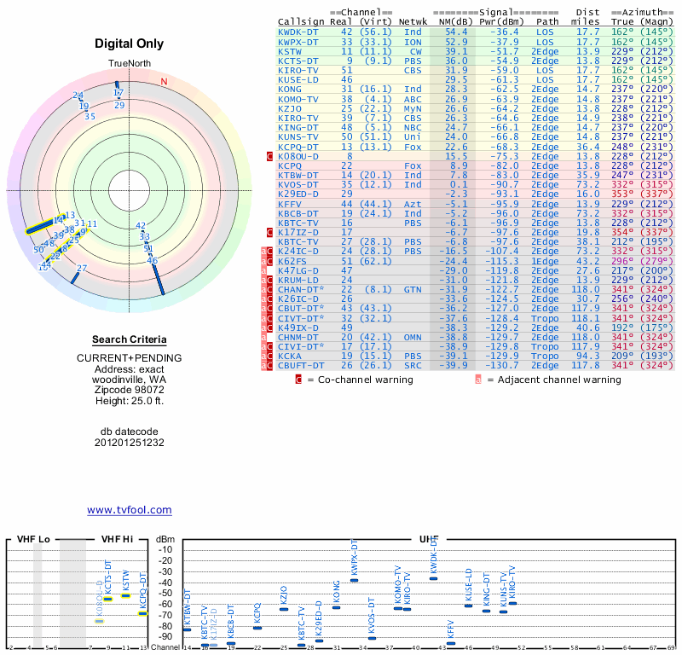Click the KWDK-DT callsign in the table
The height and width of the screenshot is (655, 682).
tap(298, 31)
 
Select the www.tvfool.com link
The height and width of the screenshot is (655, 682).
tap(130, 510)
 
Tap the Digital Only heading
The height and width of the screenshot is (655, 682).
tap(130, 43)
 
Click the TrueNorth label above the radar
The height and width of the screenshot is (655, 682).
tap(128, 64)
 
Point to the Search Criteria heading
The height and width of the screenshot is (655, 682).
tap(130, 340)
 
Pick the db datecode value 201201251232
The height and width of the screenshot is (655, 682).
tap(130, 443)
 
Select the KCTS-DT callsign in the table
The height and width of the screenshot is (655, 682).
tap(298, 61)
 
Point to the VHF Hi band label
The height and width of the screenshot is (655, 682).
tap(118, 540)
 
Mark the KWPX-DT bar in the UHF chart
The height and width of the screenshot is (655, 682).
tap(355, 580)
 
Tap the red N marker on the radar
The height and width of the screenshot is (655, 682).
tap(165, 82)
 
